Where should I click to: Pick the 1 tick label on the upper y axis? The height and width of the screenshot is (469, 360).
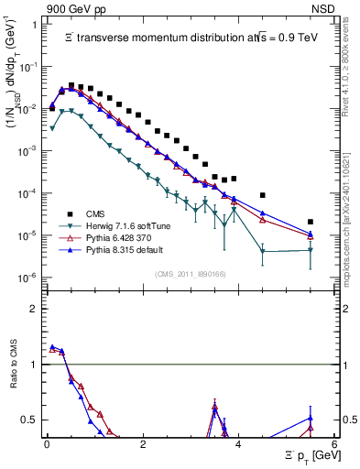coord(35,25)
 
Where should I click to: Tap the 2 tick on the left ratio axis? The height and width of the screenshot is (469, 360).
coord(36,308)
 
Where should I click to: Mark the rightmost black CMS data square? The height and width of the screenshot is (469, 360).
coord(311,222)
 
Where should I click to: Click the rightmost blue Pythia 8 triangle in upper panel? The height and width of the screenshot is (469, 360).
coord(311,234)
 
